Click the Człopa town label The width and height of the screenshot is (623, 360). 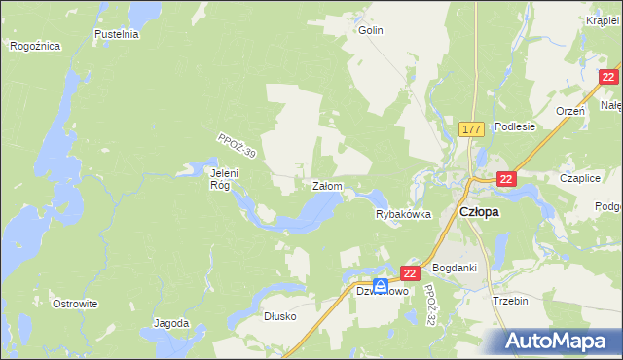pyautogui.click(x=479, y=212)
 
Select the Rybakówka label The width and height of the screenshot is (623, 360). pyautogui.click(x=403, y=215)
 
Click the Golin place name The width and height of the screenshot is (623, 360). pyautogui.click(x=371, y=30)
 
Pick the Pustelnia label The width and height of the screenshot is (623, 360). pyautogui.click(x=117, y=33)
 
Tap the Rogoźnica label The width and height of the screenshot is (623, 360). pyautogui.click(x=35, y=46)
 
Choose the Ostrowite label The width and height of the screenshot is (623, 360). pyautogui.click(x=75, y=304)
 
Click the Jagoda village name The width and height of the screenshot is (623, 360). pyautogui.click(x=171, y=323)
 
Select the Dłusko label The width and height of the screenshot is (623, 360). pyautogui.click(x=279, y=316)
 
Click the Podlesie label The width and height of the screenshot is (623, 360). pyautogui.click(x=515, y=126)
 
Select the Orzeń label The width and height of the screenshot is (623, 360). pyautogui.click(x=569, y=111)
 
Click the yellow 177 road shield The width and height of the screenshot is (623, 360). pyautogui.click(x=472, y=128)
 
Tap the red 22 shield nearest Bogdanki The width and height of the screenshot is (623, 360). pyautogui.click(x=410, y=275)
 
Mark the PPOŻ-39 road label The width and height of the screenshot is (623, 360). pyautogui.click(x=238, y=148)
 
